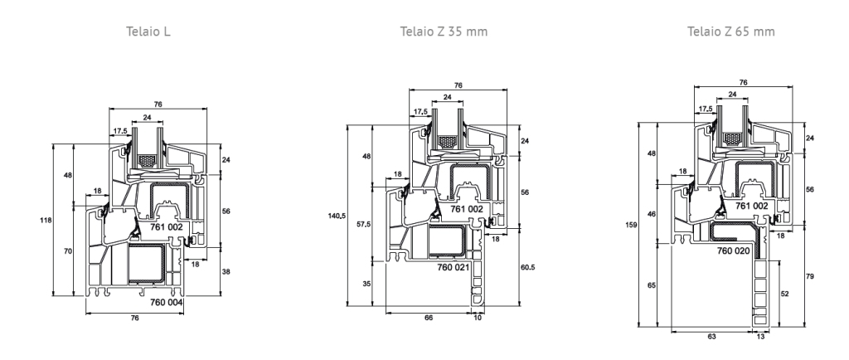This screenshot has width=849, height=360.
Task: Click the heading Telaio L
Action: pos(148,32)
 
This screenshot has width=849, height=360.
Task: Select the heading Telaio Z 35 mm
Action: pos(444,32)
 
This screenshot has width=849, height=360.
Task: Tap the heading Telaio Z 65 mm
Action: pos(731,32)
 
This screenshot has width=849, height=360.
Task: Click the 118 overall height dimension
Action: pos(46,221)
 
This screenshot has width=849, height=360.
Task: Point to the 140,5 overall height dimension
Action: pos(337,216)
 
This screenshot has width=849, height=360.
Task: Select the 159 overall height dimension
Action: pos(631,225)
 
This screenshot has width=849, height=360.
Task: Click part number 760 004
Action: pos(166,302)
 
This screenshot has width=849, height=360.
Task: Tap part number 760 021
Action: pos(454,267)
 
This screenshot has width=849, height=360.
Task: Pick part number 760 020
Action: pos(733,251)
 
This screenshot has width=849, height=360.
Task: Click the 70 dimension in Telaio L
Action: pos(68,251)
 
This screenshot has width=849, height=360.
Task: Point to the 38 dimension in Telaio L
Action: pos(226,272)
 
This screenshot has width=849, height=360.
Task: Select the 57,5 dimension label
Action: pos(365,224)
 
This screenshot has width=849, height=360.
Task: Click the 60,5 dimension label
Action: pos(528,267)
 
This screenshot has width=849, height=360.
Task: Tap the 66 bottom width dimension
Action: pos(429,318)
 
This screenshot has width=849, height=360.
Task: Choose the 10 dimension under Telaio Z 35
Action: pos(478,318)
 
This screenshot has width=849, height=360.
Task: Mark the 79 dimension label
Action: pos(810,276)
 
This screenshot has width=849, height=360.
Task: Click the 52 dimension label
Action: pos(785,294)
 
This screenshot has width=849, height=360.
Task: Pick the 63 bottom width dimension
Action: pos(711,337)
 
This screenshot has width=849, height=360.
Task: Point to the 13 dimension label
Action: pos(761,337)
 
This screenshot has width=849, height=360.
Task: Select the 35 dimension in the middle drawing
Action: pos(366,284)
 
